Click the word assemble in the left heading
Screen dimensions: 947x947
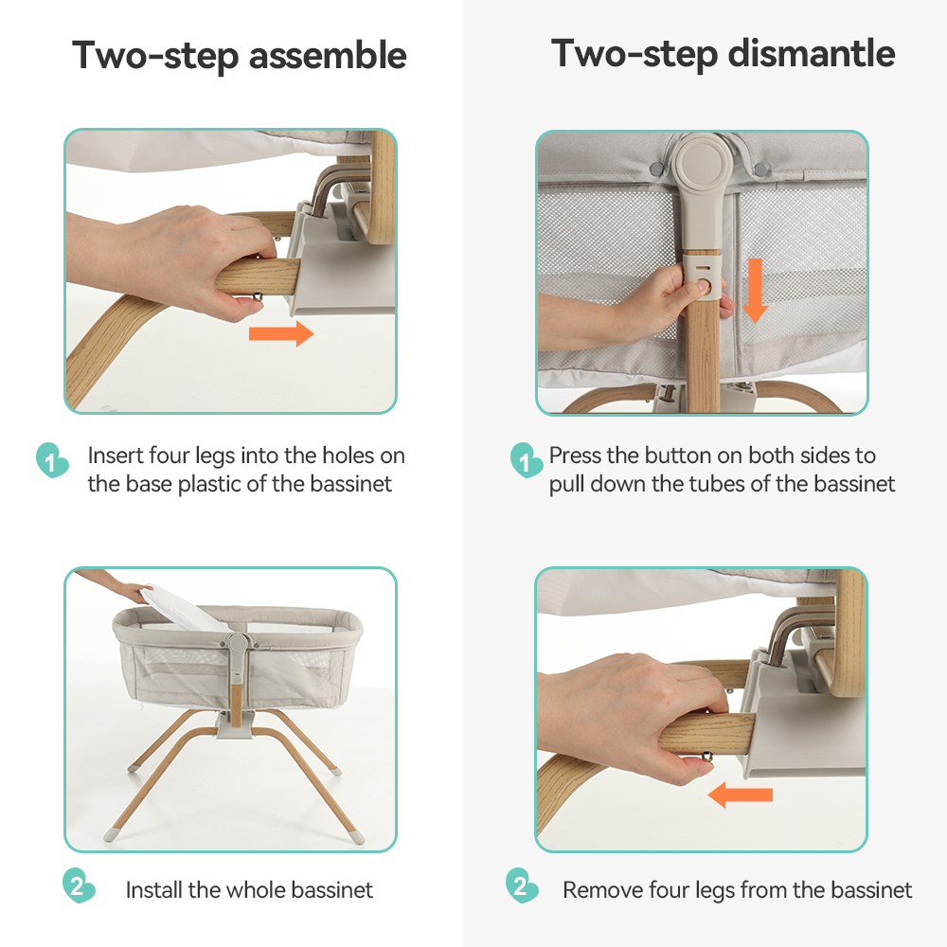coord(328,55)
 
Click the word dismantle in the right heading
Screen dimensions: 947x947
coord(812,53)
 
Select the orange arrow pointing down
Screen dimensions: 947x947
coord(755,291)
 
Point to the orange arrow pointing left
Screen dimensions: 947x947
coord(740,795)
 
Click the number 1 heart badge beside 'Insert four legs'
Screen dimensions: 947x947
coord(51,461)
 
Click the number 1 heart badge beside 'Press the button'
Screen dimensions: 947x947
coord(526,461)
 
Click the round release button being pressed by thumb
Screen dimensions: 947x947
coord(702,285)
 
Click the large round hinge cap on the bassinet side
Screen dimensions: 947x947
coord(701,163)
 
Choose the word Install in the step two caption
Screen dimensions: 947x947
coord(153,889)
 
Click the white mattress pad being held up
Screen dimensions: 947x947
coord(181,610)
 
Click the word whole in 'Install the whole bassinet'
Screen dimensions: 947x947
coord(256,889)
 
